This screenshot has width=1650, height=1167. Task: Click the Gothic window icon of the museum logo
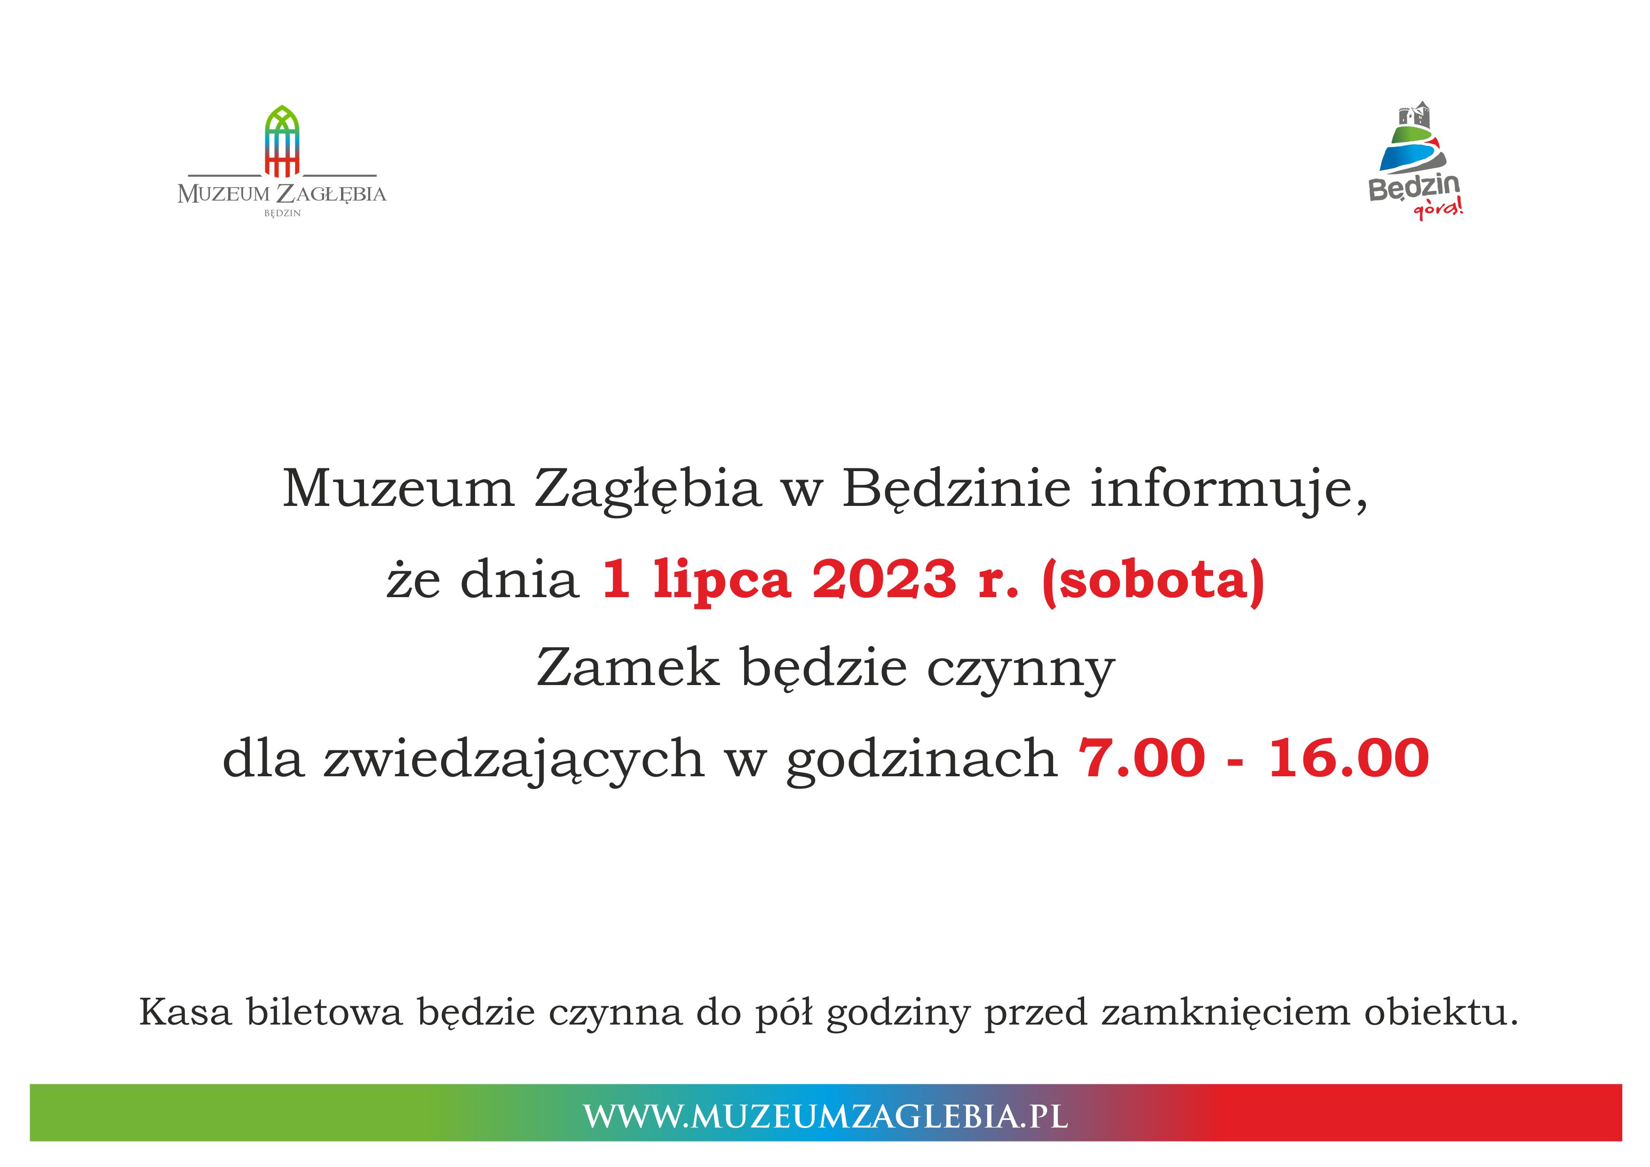coord(282,141)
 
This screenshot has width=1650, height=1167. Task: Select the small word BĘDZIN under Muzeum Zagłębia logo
coord(282,213)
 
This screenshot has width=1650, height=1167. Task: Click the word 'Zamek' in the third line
coord(627,668)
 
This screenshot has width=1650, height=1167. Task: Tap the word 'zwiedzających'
coord(513,761)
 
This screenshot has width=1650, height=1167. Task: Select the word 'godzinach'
coord(922,761)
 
